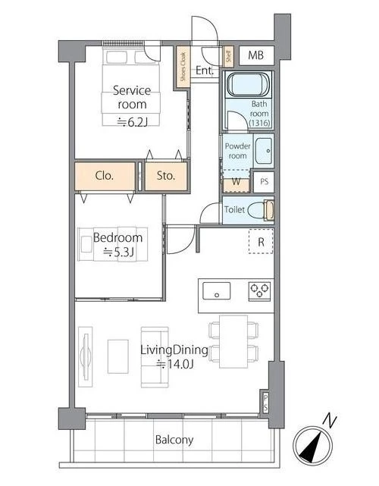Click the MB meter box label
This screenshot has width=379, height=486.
pos(256,55)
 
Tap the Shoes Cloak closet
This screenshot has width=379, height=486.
pos(183,67)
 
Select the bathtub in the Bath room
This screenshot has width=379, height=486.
pos(248,84)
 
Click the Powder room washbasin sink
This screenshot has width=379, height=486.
pos(264,151)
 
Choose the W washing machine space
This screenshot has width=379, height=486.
pos(236,182)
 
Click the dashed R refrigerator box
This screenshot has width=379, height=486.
pos(261,241)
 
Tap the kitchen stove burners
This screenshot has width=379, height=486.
pos(260,290)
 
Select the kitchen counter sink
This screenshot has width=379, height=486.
pos(216,290)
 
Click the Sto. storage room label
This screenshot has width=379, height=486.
pos(166,176)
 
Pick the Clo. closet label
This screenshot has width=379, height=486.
pos(105,176)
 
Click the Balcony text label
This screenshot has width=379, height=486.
pos(174,440)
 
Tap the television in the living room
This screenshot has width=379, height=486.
pos(85,356)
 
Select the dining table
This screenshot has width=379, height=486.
pos(233,341)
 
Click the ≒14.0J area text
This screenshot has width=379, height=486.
pos(175,364)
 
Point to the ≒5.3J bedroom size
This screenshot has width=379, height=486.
pos(118,252)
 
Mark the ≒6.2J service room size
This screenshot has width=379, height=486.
pos(132,122)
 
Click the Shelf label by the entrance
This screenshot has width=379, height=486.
pos(228,56)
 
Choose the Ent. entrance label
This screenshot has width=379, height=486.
pos(205,71)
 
